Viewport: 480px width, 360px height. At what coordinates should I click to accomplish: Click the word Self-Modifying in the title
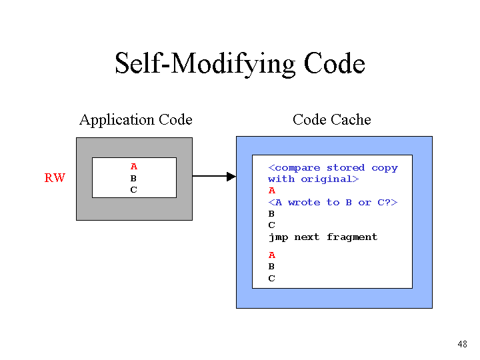tap(205, 63)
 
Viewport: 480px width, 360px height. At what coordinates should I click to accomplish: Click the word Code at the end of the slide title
tap(334, 63)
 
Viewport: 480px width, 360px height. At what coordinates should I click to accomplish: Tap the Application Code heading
tap(135, 120)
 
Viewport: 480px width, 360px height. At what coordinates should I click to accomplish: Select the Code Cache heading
tap(332, 119)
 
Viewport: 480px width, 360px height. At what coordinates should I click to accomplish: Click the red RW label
tap(55, 178)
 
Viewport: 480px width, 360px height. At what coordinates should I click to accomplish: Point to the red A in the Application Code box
tap(134, 167)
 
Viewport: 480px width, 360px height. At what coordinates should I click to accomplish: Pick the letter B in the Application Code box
tap(133, 178)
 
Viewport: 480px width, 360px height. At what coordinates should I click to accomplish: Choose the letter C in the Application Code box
tap(133, 190)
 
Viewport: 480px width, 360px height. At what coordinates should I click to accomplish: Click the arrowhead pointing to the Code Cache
tap(231, 176)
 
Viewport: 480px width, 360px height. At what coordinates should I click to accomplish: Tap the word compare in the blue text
tap(298, 168)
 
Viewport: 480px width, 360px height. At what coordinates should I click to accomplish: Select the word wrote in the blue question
tap(304, 203)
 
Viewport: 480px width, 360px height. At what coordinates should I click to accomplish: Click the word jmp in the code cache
tap(278, 237)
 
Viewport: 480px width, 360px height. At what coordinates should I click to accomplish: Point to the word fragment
tap(352, 237)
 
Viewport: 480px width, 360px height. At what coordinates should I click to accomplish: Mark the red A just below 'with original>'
tap(272, 191)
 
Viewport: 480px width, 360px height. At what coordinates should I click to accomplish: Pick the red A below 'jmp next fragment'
tap(272, 255)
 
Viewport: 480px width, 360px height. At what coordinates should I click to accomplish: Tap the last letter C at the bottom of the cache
tap(271, 279)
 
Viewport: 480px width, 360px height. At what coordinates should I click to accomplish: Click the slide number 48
tap(462, 344)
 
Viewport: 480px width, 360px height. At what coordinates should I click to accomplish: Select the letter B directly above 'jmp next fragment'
tap(271, 214)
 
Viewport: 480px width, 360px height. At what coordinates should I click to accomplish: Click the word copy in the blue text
tap(385, 169)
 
